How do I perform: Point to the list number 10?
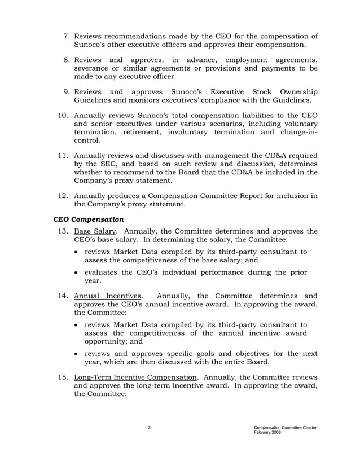(x=64, y=115)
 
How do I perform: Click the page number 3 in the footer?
(x=150, y=428)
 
